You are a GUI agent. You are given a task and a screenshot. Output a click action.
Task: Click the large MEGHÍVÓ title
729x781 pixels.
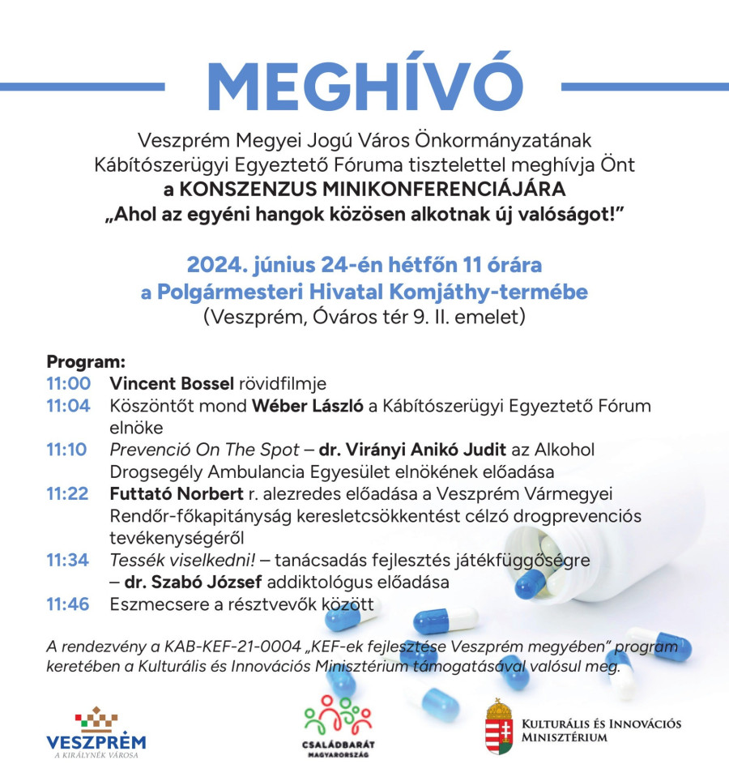tap(364, 84)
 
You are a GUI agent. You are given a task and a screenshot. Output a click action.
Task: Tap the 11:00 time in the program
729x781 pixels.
tap(68, 382)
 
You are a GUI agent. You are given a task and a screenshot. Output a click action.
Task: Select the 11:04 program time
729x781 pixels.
tap(68, 405)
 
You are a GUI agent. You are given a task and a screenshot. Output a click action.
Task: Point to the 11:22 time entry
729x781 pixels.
tap(68, 493)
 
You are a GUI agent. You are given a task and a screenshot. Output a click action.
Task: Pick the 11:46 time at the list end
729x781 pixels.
tap(68, 604)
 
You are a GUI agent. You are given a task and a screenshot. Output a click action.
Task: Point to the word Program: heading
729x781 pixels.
tap(86, 361)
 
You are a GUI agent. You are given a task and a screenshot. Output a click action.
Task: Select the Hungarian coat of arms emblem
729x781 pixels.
tap(499, 727)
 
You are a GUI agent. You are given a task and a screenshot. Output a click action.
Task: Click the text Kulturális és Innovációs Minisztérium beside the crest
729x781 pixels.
tap(601, 730)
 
